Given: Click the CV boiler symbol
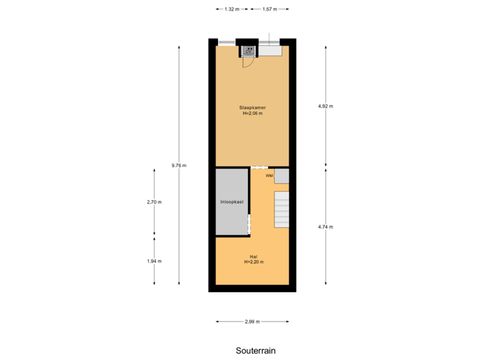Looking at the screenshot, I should (249, 50).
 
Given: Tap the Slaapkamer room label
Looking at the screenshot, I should (253, 107).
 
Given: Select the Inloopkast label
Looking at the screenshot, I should (232, 201).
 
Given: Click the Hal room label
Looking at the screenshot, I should (253, 256).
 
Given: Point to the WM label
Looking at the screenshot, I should (269, 176).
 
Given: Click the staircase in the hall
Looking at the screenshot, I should (281, 209).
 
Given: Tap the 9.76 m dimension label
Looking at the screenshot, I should (179, 165).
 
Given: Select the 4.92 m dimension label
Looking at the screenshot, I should (325, 106).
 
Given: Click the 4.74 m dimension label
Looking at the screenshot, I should (325, 227).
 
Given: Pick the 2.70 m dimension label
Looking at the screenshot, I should (155, 202).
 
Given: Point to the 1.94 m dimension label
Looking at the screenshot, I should (155, 261).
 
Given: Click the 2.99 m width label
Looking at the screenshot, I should (252, 321).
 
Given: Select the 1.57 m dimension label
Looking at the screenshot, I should (269, 9).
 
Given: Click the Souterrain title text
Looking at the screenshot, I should (255, 351).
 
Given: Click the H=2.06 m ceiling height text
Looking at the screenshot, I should (253, 113).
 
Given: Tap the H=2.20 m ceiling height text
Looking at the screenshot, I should (253, 262).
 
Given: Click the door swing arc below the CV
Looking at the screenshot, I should (247, 63).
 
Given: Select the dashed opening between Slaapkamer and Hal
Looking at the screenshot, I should (260, 167).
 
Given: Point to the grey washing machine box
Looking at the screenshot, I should (282, 176).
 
